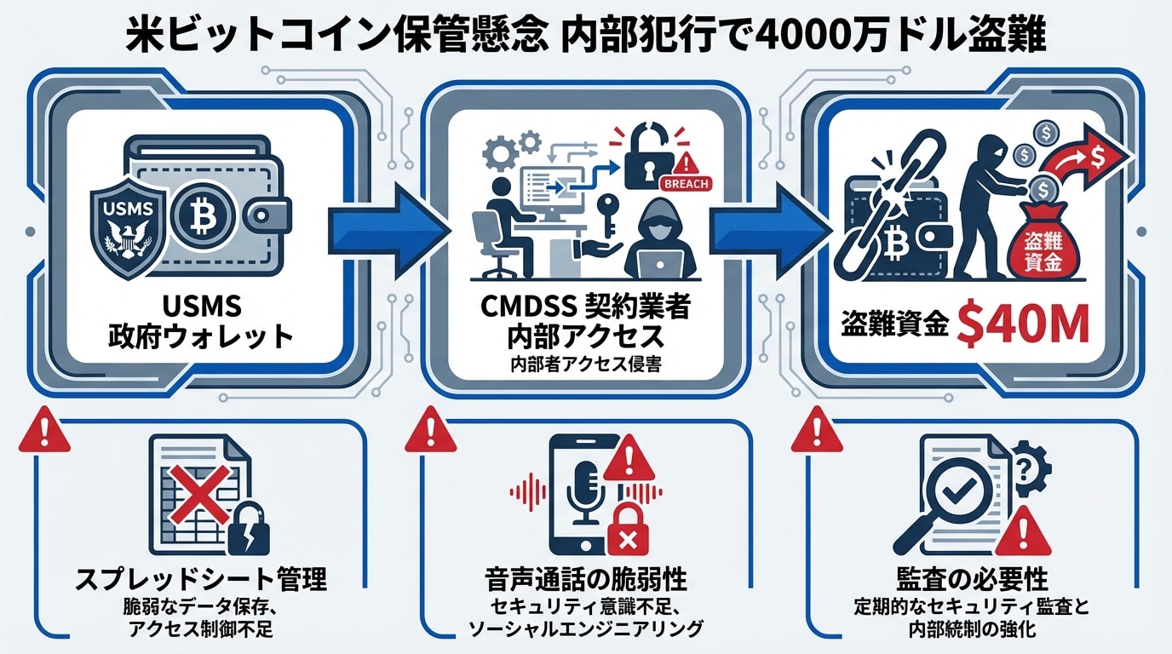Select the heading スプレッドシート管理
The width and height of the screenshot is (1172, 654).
click(x=202, y=581)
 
